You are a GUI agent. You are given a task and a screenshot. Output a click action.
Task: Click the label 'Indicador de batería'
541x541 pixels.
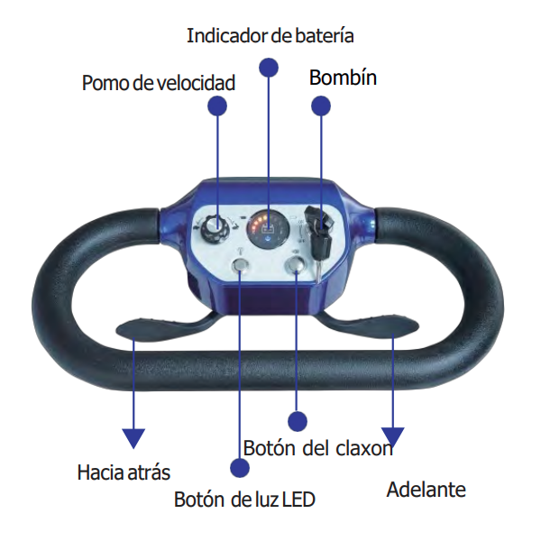(270, 36)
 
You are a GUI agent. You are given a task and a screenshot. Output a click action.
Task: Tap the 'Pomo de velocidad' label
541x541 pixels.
(158, 84)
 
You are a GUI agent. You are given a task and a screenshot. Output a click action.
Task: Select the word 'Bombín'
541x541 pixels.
(343, 78)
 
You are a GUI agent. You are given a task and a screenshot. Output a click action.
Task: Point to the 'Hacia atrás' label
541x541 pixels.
(124, 472)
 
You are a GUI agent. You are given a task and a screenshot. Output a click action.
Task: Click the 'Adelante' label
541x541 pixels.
(426, 490)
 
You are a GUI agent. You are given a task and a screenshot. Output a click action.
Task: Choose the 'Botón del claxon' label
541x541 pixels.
(317, 448)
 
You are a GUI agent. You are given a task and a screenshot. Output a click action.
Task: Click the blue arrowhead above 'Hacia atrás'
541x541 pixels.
(133, 438)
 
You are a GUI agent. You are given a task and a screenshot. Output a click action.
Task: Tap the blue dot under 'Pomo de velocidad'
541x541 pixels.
(217, 105)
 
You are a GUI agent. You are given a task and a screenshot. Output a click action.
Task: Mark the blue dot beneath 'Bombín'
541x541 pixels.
(321, 105)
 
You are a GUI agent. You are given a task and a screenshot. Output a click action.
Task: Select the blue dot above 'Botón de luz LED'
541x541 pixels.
(239, 467)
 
